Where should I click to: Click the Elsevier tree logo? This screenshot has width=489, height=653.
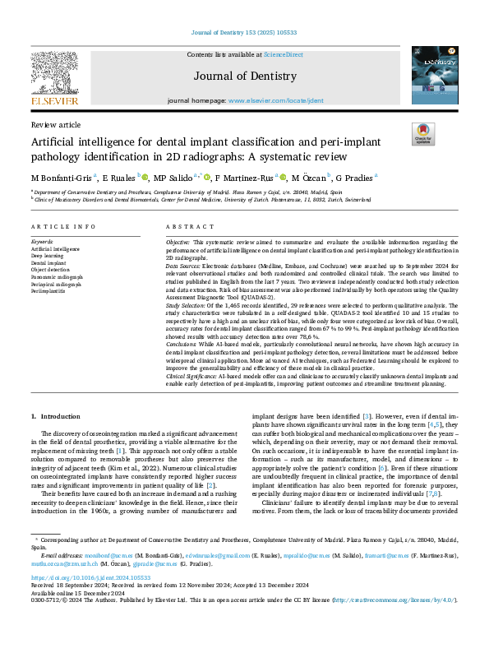(x=54, y=72)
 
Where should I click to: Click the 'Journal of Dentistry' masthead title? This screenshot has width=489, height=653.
(x=244, y=76)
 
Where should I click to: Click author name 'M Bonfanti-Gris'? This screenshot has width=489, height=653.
(x=61, y=177)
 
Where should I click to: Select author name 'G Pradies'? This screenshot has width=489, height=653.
(x=353, y=177)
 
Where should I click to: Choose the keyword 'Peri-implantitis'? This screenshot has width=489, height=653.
(x=48, y=291)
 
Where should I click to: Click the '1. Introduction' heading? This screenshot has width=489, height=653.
(x=57, y=417)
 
